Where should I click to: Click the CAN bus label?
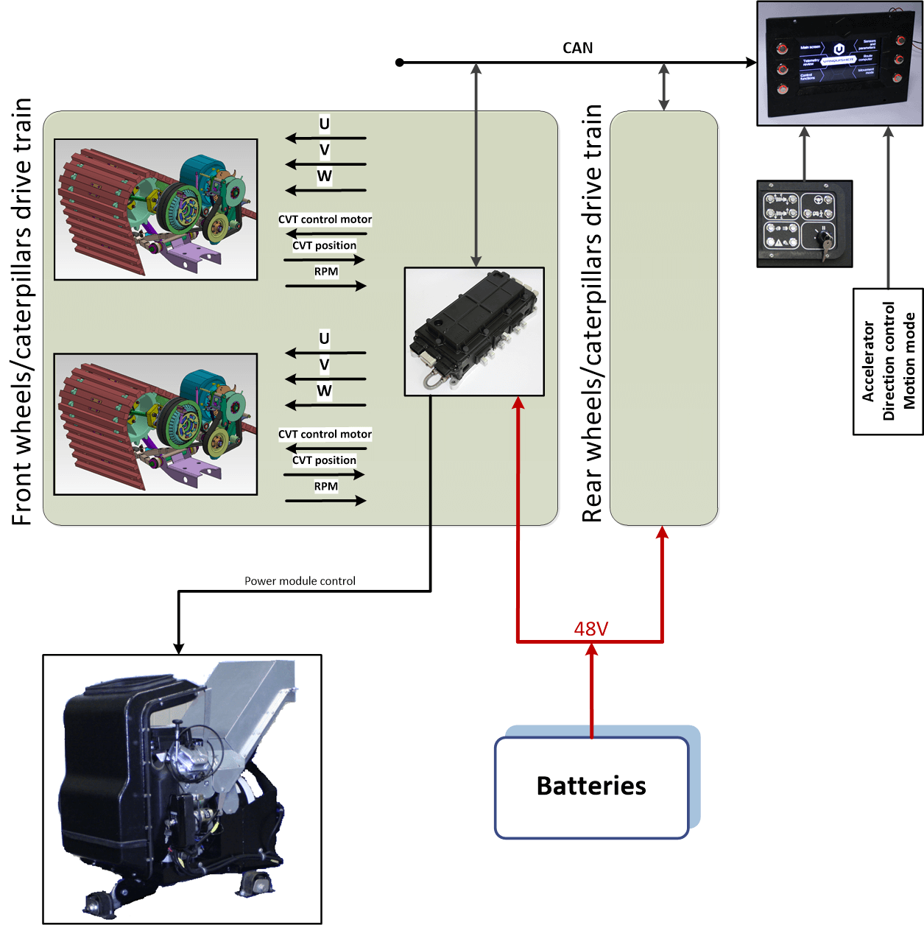(x=577, y=48)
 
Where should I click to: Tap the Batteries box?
(x=591, y=787)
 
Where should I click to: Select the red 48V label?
(x=590, y=629)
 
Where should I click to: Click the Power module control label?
(x=300, y=581)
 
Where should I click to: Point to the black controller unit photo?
(x=474, y=331)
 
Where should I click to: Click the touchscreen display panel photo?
(x=839, y=63)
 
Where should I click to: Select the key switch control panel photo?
(x=805, y=223)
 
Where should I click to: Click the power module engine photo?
(x=182, y=789)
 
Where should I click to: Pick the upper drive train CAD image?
(x=156, y=209)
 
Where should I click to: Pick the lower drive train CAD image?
(x=156, y=424)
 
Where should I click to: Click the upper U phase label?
(x=324, y=124)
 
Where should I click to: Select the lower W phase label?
(x=324, y=391)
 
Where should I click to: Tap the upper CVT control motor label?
(x=325, y=219)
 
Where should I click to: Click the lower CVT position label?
(x=324, y=460)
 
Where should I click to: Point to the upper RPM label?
(x=326, y=272)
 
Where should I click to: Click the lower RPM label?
(x=326, y=486)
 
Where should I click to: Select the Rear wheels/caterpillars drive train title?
(x=592, y=314)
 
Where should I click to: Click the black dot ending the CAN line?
(x=400, y=63)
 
